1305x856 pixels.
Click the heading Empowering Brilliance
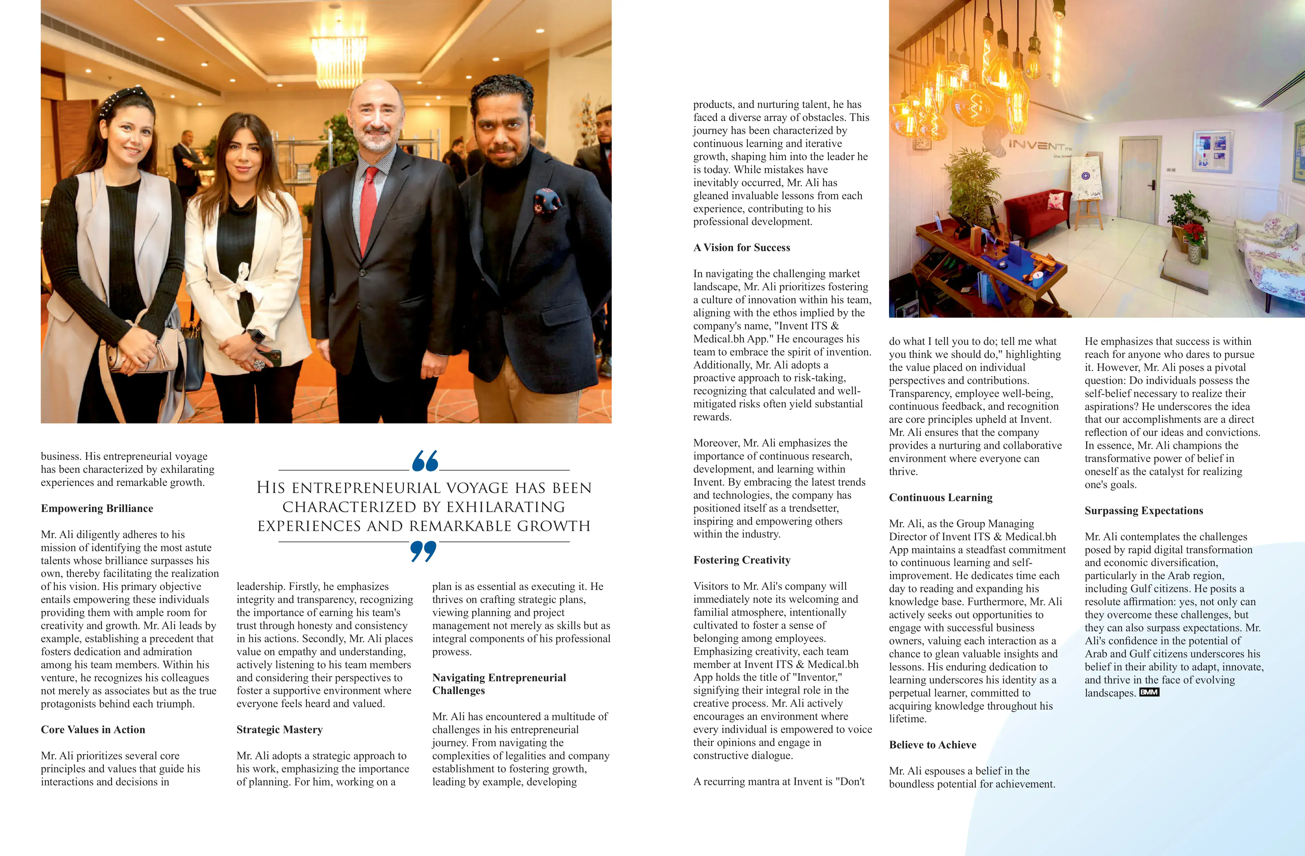(97, 508)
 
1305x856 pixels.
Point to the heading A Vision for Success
(741, 248)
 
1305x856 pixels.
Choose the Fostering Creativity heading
(741, 560)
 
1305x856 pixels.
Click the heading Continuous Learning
(940, 498)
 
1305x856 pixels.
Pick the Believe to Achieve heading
(932, 745)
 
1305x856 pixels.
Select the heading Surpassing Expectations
(1143, 511)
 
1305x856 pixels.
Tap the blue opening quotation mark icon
(425, 461)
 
